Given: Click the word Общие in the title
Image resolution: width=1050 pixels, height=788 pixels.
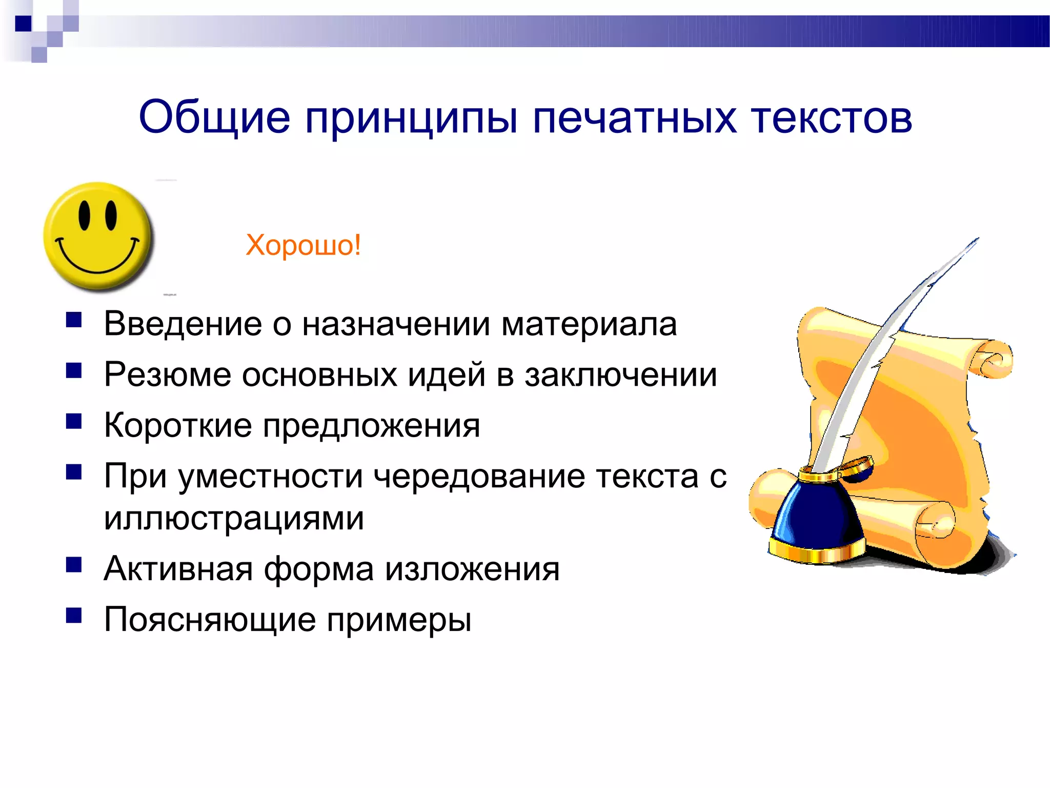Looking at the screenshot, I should [214, 117].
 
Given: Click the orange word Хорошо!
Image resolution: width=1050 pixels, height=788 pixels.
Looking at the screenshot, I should [303, 245].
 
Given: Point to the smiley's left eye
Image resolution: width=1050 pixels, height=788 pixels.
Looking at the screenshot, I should [85, 215].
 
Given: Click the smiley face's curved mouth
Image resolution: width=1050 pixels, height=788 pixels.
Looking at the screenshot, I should [97, 259].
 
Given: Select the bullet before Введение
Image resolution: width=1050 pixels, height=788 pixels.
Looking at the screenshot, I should [74, 320].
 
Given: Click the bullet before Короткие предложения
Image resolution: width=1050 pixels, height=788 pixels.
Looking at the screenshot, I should [74, 421].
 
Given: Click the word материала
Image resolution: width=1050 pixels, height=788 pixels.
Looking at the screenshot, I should [589, 324].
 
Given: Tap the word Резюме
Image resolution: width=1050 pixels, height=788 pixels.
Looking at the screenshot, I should [167, 375].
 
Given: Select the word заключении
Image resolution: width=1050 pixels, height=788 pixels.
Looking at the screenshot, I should [620, 375].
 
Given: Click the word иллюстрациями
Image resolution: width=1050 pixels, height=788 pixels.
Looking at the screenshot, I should [234, 518].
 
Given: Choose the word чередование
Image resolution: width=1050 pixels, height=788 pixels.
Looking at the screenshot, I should [479, 476].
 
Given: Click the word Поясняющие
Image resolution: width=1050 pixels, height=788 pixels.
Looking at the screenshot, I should [209, 620].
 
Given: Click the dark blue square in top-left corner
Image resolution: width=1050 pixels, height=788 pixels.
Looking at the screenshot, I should [23, 24].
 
